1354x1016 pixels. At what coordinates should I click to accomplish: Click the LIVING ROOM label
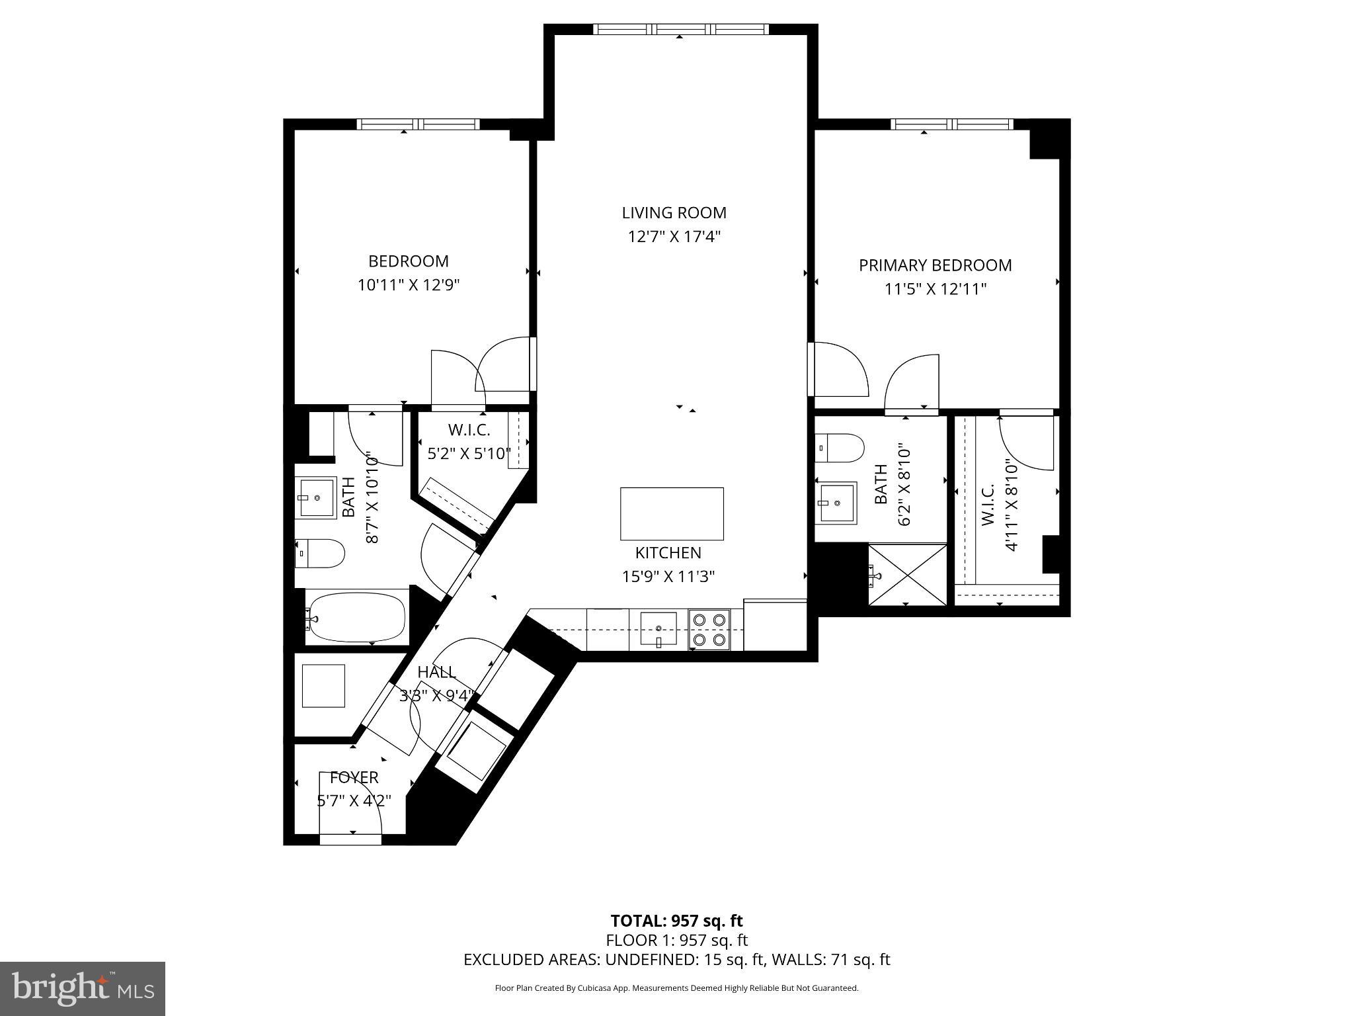click(674, 213)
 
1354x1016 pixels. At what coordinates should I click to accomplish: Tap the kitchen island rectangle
click(672, 514)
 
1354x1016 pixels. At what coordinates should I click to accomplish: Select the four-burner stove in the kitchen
click(709, 630)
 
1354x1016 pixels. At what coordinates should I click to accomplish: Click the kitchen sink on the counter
click(658, 628)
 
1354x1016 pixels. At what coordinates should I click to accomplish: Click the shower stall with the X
click(907, 574)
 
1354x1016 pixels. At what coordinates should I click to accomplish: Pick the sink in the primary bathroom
click(836, 503)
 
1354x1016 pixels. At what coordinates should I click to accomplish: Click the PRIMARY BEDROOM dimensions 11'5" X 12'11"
click(935, 289)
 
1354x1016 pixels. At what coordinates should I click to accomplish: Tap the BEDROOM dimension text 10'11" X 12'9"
click(408, 285)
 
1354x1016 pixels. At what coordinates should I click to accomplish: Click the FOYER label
click(354, 777)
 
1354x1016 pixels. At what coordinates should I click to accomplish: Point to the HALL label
click(437, 672)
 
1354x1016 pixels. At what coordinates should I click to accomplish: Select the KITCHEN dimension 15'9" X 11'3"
click(668, 576)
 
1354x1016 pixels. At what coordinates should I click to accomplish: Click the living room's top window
click(680, 29)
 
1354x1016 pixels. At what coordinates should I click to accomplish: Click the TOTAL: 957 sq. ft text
click(676, 921)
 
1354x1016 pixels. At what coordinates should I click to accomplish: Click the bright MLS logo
click(83, 988)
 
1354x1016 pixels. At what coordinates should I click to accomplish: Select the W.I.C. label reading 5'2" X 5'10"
click(469, 454)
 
